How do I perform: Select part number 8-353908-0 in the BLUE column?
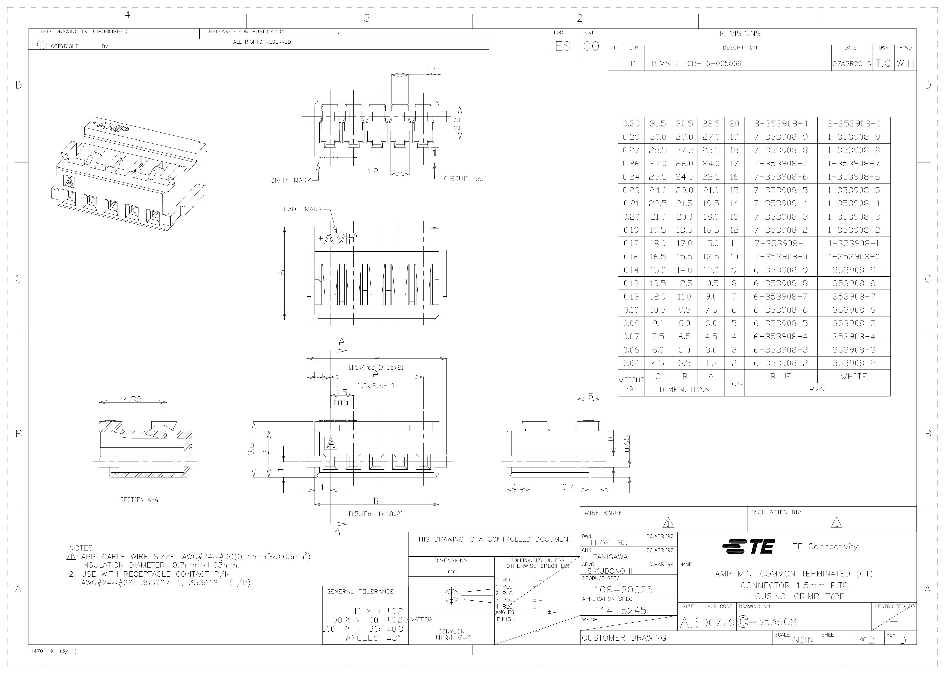780,124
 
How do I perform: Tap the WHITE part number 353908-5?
854,323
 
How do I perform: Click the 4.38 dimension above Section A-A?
132,399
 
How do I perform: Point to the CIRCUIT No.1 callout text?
466,179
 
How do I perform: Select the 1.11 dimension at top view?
433,72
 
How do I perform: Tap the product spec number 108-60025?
623,590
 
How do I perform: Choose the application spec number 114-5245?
620,610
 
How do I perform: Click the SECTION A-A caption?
139,500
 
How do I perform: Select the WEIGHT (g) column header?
631,383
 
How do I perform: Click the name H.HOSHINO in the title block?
607,543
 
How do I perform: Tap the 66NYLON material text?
452,632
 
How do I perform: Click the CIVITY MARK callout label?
290,181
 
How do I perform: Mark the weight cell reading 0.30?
631,124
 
